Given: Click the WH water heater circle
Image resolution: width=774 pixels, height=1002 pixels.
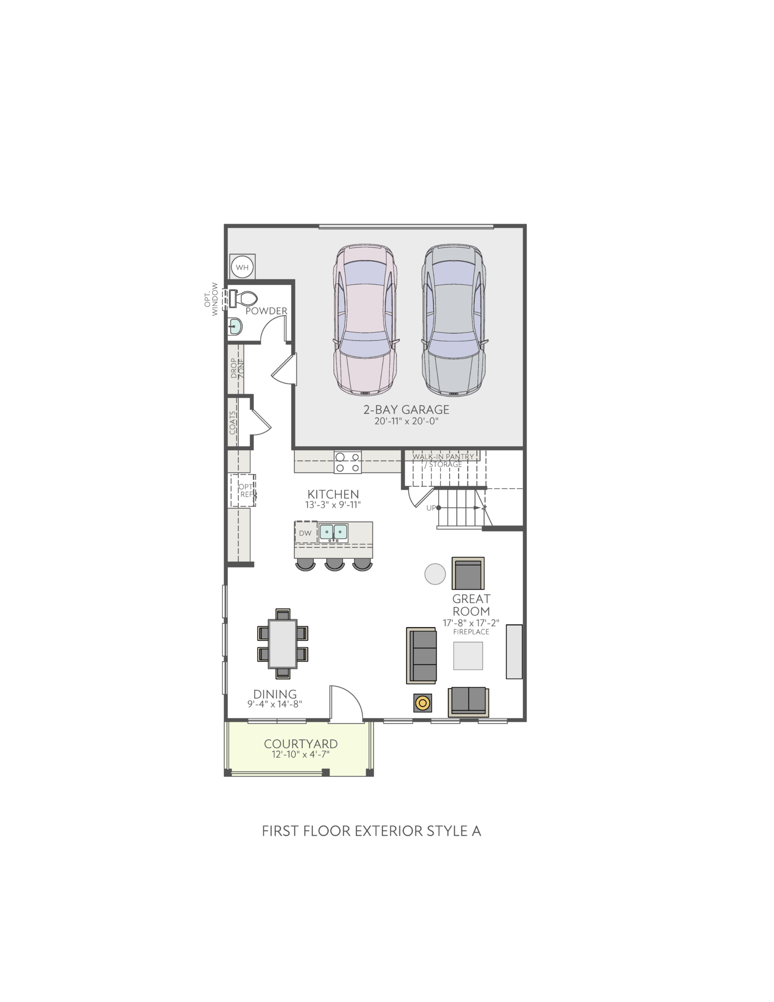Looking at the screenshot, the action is tap(242, 267).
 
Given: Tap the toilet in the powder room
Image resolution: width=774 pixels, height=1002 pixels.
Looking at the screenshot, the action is tap(243, 298).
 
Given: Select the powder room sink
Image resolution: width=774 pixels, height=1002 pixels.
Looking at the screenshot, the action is tap(235, 326).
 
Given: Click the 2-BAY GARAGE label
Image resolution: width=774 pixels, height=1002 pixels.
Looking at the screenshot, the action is tap(406, 410).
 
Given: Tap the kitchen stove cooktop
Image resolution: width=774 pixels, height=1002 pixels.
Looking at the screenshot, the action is tap(348, 462).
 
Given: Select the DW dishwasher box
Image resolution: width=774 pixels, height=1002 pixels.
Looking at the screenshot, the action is tap(306, 533).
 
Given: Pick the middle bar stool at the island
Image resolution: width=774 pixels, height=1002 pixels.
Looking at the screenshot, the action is tap(335, 564).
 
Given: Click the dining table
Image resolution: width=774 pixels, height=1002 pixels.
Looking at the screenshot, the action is tap(283, 643).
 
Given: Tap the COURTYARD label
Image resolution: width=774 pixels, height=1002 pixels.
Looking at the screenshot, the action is tap(301, 744).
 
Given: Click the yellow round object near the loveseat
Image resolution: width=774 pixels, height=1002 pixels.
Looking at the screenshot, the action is tap(423, 704).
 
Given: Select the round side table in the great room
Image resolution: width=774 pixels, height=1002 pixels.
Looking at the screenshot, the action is tap(435, 574).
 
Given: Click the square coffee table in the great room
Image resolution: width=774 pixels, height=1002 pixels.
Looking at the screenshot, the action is tap(468, 656).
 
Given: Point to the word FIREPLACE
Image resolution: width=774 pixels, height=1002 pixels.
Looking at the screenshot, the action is tap(471, 632).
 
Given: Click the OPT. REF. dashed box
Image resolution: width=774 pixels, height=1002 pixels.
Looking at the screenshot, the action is tap(243, 490).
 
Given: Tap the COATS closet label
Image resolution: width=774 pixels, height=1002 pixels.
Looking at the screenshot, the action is tap(233, 422).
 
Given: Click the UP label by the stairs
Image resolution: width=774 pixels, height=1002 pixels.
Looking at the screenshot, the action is tap(431, 508).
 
